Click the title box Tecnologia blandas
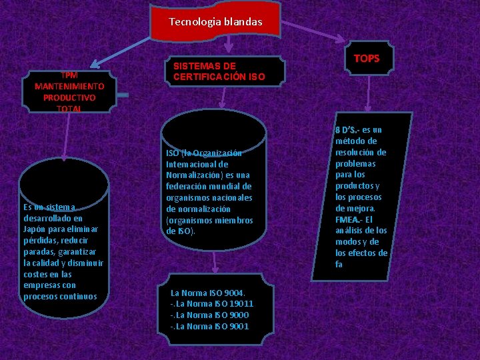pos(215,22)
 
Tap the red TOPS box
pos(367,59)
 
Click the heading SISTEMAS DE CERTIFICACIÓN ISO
pos(219,71)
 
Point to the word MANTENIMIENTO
pos(69,87)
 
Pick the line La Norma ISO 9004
pos(208,293)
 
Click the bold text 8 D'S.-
pos(348,129)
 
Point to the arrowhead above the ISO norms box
pos(214,269)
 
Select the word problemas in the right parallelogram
pos(356,163)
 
